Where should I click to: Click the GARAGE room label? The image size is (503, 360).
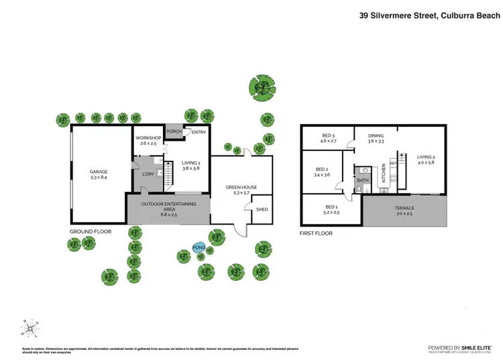click(x=99, y=172)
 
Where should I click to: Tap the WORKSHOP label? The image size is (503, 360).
click(x=148, y=137)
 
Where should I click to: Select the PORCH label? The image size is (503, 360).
click(x=174, y=131)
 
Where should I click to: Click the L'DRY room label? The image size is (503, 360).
click(x=148, y=173)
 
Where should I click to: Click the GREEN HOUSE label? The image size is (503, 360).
click(x=241, y=187)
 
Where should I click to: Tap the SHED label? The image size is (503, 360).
click(x=262, y=210)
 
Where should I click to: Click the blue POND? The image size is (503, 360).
click(x=199, y=247)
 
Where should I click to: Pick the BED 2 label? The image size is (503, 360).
click(x=322, y=170)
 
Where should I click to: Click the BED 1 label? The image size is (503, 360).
click(x=331, y=206)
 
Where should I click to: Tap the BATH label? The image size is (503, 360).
click(x=363, y=180)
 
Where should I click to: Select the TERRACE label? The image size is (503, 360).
click(x=404, y=208)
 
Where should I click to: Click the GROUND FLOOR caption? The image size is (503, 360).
click(x=91, y=231)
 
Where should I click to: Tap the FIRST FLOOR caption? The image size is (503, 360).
click(x=316, y=233)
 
